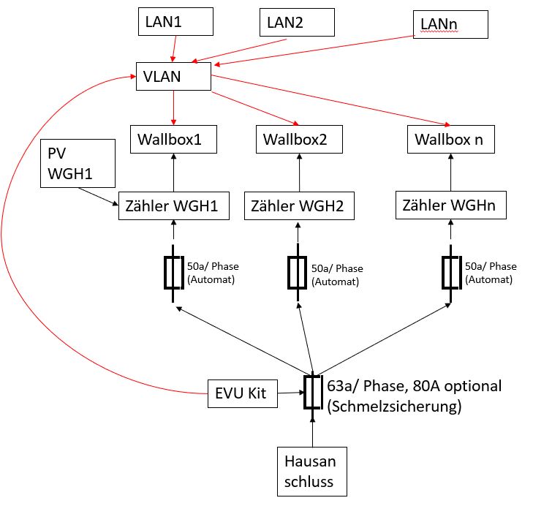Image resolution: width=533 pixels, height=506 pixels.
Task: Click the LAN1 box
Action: [175, 22]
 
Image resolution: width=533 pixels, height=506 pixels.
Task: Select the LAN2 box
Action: [298, 22]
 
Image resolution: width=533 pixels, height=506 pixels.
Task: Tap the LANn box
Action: [450, 26]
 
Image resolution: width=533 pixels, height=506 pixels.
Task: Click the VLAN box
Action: [173, 77]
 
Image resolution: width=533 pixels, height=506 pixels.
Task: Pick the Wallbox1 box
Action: [173, 139]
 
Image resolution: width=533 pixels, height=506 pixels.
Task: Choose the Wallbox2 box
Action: [299, 139]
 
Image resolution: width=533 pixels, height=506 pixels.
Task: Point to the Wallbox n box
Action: [450, 139]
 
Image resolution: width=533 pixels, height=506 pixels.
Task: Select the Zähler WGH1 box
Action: [173, 205]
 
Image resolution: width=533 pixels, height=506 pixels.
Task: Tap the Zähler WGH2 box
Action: [299, 205]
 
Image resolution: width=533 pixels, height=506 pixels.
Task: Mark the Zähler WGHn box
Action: [449, 205]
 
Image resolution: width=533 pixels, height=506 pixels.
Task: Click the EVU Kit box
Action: [243, 394]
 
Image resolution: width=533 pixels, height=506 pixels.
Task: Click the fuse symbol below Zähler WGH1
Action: [173, 273]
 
